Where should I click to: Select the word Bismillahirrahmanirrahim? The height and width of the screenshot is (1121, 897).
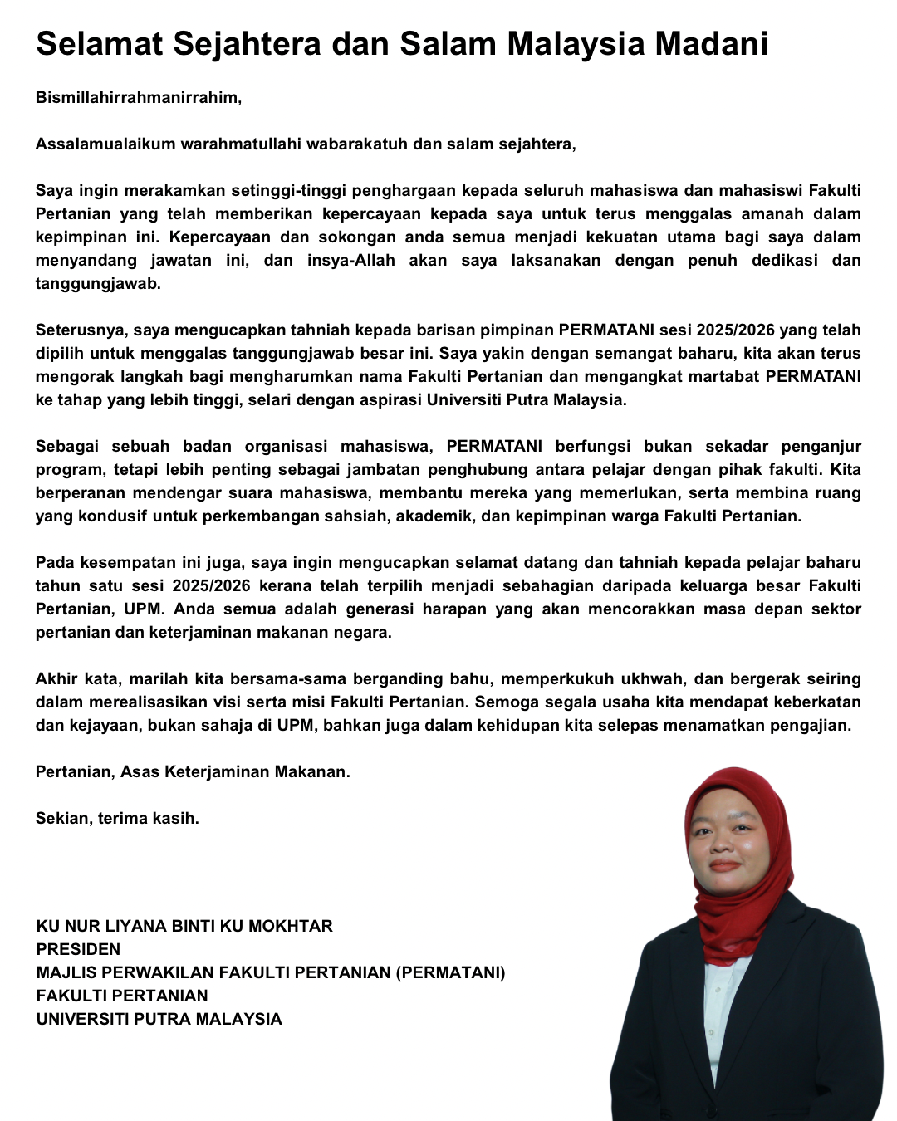coord(138,98)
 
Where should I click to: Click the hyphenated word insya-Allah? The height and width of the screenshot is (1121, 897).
coord(350,261)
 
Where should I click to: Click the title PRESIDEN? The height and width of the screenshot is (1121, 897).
coord(78,949)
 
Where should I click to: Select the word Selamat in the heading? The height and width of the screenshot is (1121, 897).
coord(100,44)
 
